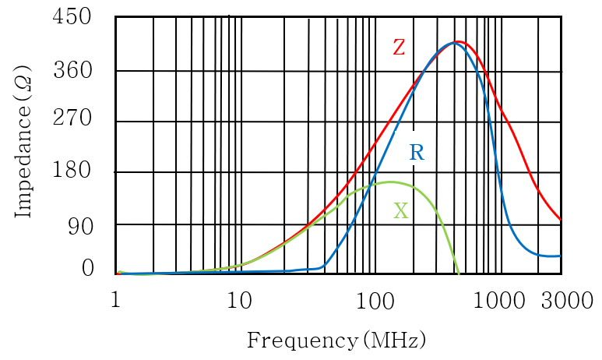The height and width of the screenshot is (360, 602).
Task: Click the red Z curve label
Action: [x=398, y=48]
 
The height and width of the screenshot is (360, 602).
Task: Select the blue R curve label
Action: [x=417, y=153]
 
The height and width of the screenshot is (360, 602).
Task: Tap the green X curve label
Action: [x=400, y=210]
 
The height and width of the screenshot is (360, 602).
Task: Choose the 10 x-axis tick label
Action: [x=238, y=298]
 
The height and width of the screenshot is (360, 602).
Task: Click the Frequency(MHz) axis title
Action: [x=336, y=341]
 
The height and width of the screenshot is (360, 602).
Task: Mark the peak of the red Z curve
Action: [x=459, y=41]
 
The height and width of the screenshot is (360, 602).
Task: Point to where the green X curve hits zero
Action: [x=459, y=274]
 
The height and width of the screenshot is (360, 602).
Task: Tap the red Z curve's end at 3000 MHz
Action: [x=561, y=220]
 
